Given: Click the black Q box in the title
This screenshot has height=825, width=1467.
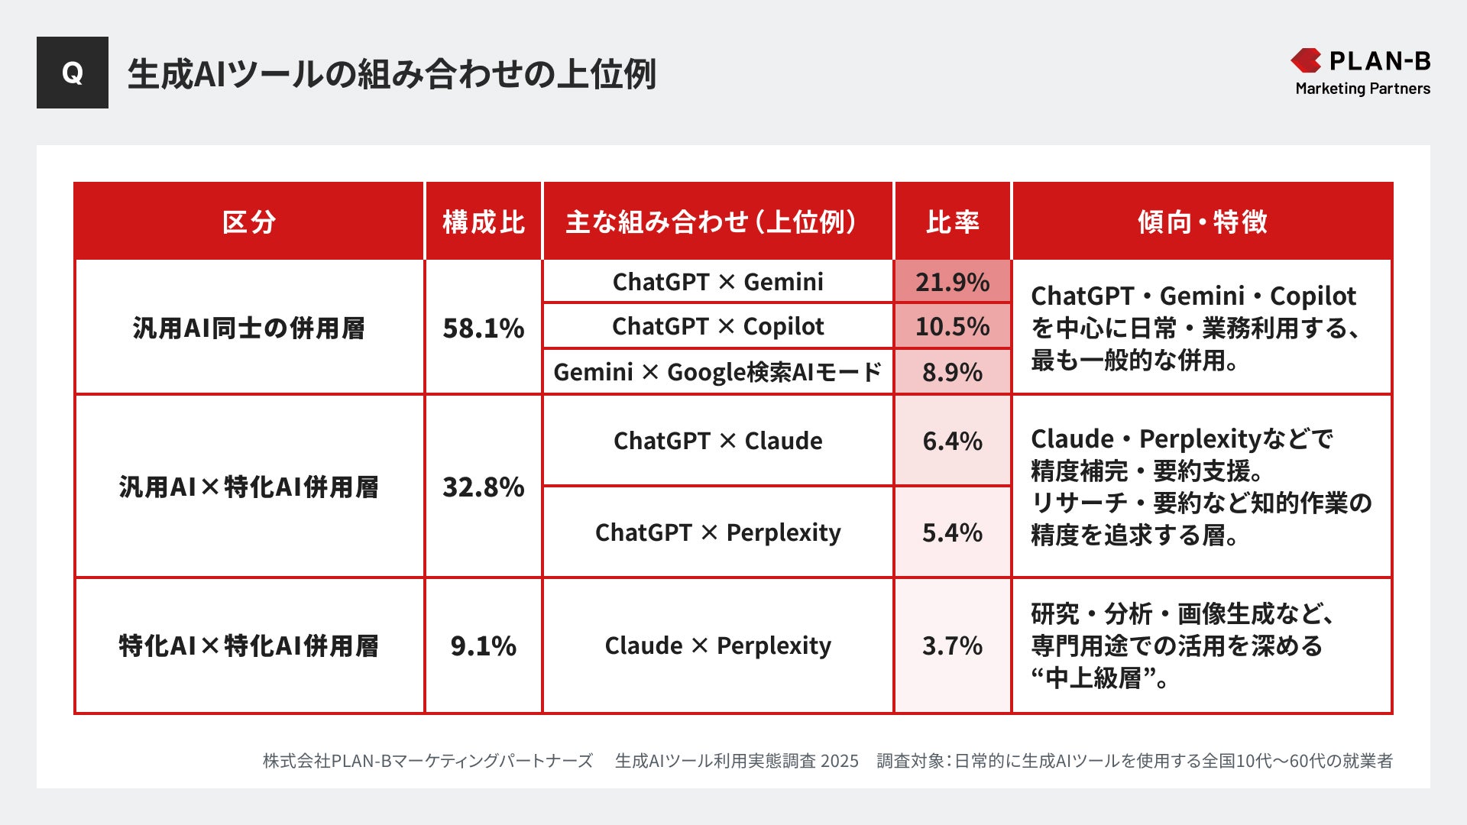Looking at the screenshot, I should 73,73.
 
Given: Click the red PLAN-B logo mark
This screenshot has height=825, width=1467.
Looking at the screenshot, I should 1306,60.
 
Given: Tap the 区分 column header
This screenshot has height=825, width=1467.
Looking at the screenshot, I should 249,222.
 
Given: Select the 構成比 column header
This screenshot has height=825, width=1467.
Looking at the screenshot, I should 484,222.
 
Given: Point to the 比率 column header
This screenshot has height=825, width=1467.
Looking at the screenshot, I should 952,222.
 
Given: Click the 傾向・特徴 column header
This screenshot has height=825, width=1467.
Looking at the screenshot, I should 1202,222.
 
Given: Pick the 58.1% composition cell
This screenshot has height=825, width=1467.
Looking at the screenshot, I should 484,328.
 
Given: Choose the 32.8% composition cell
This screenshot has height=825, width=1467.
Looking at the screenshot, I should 484,487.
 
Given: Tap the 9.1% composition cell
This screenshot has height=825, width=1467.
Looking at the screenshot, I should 484,645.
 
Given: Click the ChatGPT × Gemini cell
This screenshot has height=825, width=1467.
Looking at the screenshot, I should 717,282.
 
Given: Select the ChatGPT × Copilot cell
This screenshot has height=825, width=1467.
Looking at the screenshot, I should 717,326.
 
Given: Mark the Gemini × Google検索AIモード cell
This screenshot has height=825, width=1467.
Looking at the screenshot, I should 717,372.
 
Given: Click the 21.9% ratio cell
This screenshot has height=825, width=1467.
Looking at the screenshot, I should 952,282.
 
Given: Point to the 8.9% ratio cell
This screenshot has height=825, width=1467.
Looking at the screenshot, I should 952,372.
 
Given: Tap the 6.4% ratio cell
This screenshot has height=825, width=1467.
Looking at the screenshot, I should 952,441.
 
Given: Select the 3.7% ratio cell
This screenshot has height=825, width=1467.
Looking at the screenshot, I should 952,645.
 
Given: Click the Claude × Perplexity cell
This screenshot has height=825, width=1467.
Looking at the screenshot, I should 717,645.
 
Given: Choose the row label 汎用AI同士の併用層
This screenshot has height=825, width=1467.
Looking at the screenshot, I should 249,328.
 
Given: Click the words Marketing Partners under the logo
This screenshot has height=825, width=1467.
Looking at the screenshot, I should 1362,89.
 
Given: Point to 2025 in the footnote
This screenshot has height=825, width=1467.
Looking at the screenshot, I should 839,761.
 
